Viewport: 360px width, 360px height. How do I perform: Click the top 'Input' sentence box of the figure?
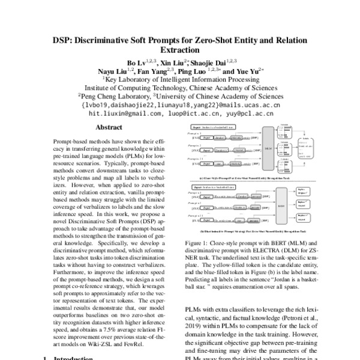214,128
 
